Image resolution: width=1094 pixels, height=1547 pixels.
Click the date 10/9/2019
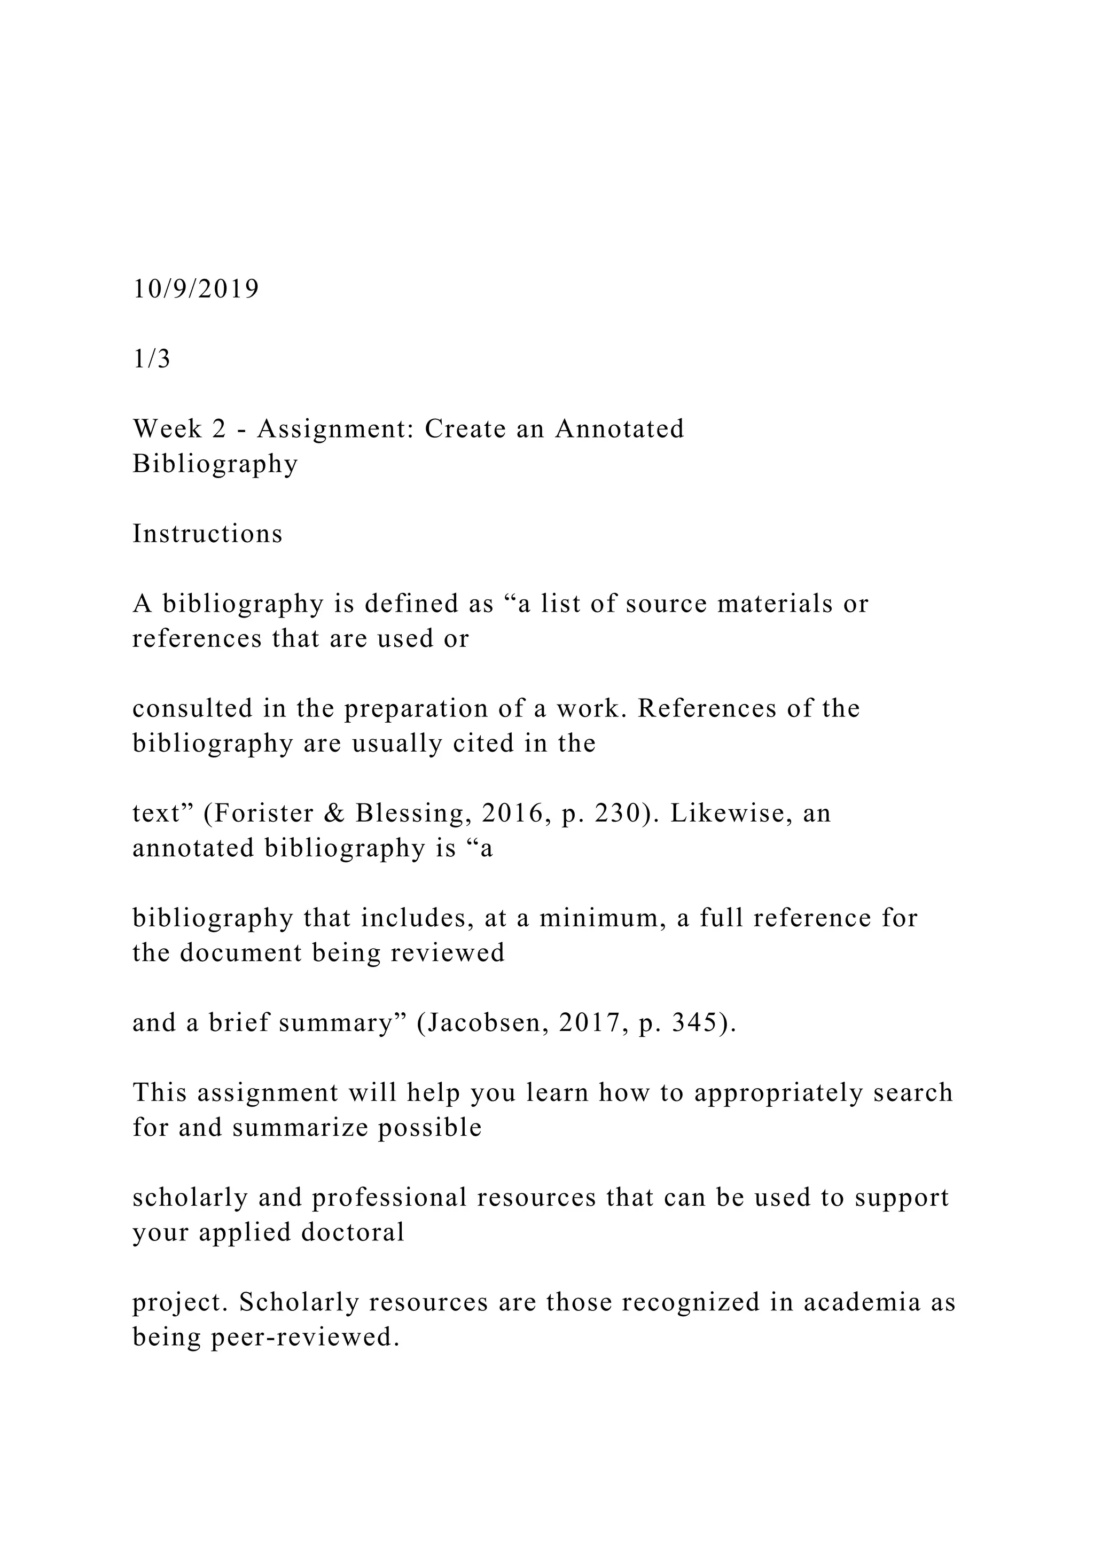[196, 289]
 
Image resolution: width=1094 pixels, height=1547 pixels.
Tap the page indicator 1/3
[152, 359]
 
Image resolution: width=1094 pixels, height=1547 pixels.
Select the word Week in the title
[166, 429]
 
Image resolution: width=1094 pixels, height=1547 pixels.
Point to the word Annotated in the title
[620, 429]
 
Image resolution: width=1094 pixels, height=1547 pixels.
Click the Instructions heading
[207, 534]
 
